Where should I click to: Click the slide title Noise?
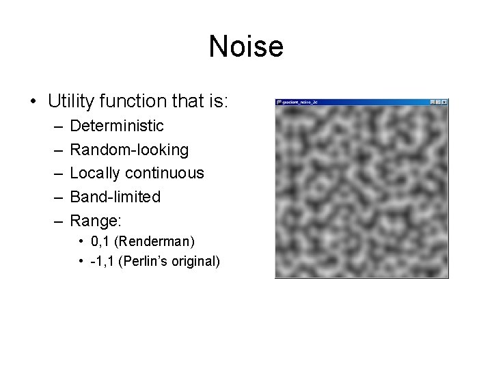point(246,46)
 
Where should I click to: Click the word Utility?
point(71,102)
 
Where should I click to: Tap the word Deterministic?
point(117,126)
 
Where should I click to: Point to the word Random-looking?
point(129,150)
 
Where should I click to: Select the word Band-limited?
point(115,197)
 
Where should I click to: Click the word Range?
point(96,220)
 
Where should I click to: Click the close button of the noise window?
point(445,102)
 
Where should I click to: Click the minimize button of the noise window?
point(433,102)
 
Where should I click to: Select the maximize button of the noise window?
point(439,102)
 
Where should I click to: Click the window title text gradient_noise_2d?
point(301,102)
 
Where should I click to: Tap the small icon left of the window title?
point(279,102)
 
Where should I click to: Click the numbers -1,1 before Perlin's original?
point(103,262)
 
